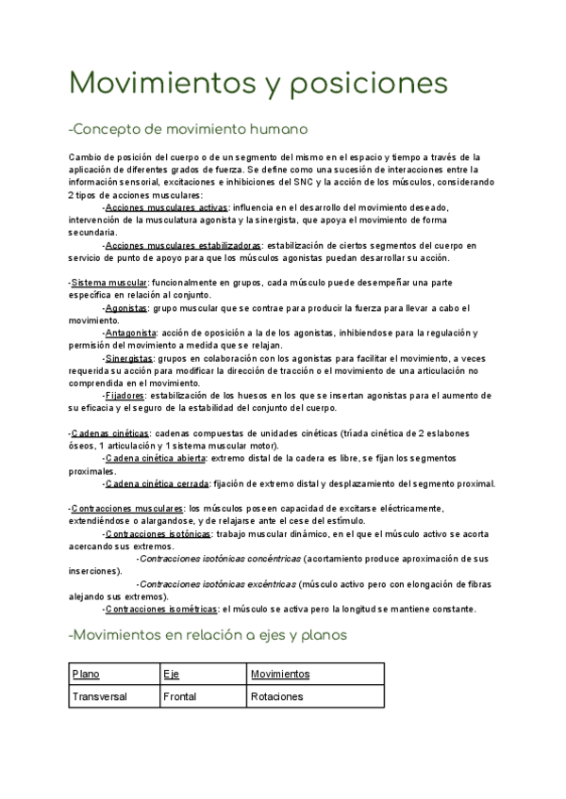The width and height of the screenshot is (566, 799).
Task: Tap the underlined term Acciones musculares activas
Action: click(166, 206)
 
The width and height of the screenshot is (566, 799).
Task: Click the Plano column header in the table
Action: click(85, 675)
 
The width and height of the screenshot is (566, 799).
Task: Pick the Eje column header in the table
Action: click(171, 675)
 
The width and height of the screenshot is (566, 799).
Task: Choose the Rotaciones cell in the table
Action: click(276, 697)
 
